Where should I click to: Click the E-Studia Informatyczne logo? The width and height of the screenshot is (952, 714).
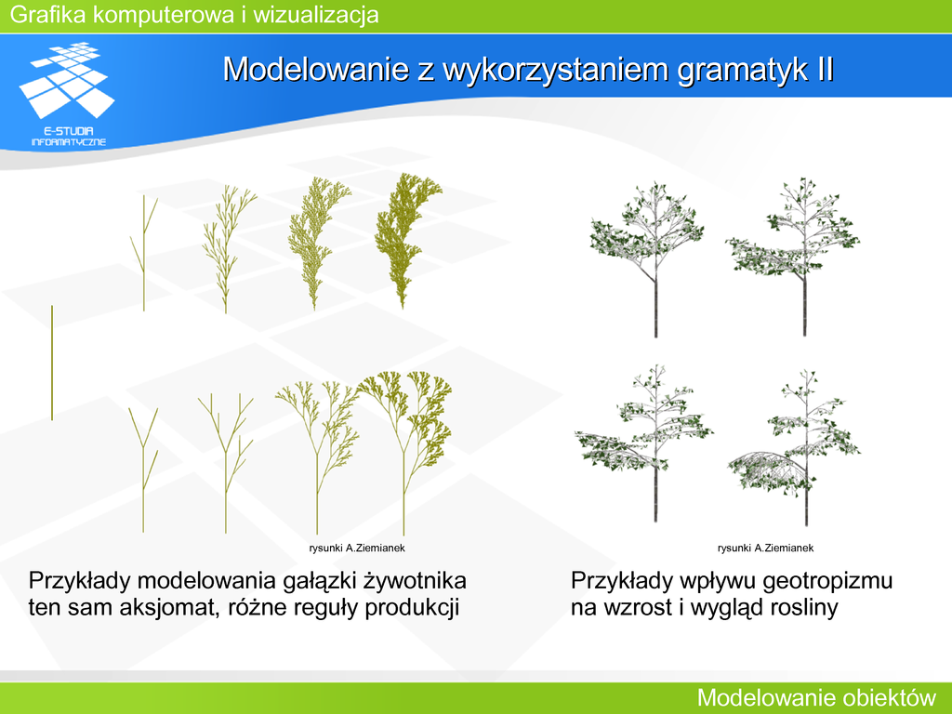click(67, 94)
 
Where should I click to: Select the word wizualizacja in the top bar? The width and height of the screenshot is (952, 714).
click(316, 15)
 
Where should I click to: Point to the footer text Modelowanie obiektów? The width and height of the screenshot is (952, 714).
click(816, 697)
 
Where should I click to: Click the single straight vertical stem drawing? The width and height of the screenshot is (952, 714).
click(52, 363)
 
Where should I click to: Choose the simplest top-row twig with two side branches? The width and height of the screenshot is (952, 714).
click(143, 253)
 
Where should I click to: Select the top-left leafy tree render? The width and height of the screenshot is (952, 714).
click(648, 258)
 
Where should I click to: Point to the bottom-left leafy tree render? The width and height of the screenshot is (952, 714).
click(643, 443)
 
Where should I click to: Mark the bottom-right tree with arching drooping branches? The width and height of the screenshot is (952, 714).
click(794, 447)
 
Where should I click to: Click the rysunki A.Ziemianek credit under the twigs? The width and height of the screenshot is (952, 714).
click(357, 548)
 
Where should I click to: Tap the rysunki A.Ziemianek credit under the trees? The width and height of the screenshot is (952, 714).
click(766, 548)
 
